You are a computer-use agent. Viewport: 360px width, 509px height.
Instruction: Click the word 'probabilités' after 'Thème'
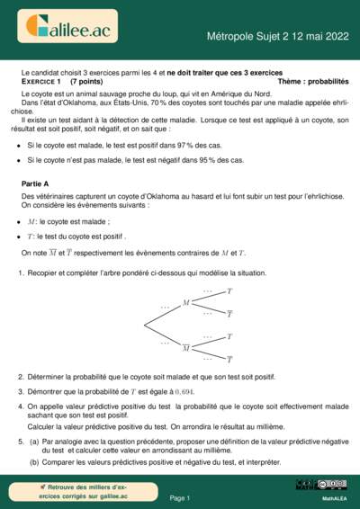[325, 81]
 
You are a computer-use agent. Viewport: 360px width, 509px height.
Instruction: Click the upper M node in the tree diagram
[185, 302]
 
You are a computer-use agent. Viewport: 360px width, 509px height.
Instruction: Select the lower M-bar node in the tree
[185, 347]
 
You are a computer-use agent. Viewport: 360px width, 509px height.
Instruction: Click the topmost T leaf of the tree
[229, 291]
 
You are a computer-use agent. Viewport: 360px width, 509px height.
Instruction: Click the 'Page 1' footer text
[179, 496]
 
